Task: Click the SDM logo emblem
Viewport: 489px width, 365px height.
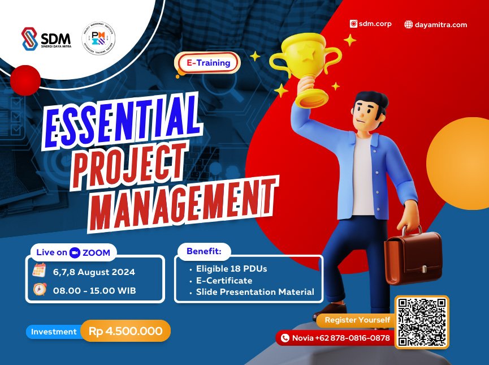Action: [x=29, y=39]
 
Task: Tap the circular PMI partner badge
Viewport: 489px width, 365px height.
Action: [x=98, y=38]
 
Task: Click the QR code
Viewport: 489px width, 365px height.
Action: [x=422, y=321]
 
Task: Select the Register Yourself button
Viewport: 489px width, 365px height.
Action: [x=357, y=320]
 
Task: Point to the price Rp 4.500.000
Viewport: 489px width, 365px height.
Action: [x=126, y=331]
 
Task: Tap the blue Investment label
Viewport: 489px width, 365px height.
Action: [x=53, y=332]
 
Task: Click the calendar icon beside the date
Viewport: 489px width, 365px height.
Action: [x=39, y=271]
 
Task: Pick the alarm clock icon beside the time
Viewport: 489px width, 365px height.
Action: [x=39, y=290]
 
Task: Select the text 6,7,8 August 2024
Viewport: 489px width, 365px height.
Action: [x=94, y=272]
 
